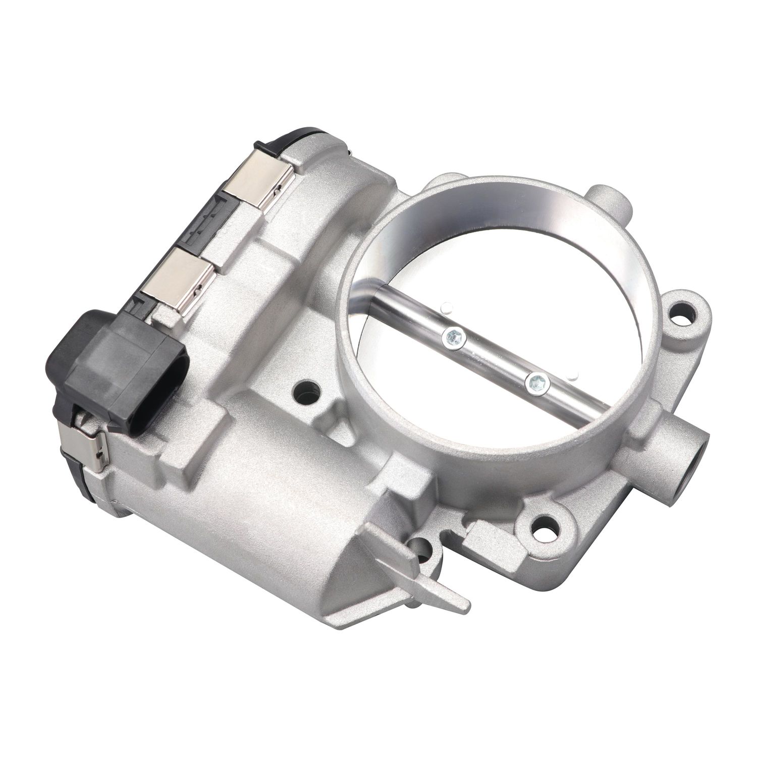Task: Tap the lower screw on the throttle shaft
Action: (x=536, y=384)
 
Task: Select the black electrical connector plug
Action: (x=119, y=369)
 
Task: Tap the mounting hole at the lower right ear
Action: (x=547, y=529)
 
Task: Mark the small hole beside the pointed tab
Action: (x=421, y=550)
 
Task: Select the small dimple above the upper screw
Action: (x=446, y=306)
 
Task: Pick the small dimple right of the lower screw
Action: (x=572, y=376)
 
